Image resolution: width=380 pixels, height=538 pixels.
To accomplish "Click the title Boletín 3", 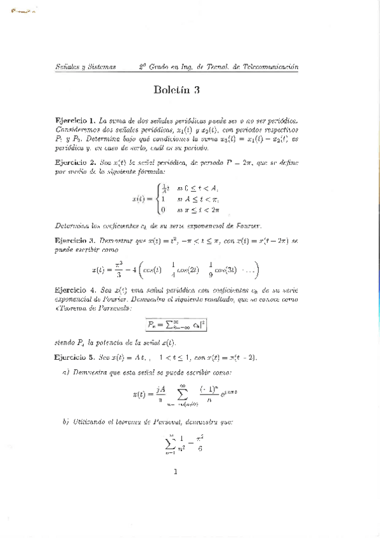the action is (x=176, y=90).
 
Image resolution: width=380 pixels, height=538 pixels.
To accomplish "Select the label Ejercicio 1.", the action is (x=75, y=119).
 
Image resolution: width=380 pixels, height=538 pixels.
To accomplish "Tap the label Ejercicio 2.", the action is (x=75, y=162).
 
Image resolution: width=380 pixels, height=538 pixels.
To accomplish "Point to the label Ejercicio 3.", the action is (x=75, y=241).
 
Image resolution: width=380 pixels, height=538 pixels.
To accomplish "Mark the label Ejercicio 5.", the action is (x=75, y=357).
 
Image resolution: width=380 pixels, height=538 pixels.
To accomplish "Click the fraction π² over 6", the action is (x=200, y=442).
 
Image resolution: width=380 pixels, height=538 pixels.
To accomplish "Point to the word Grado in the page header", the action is (x=160, y=67).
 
